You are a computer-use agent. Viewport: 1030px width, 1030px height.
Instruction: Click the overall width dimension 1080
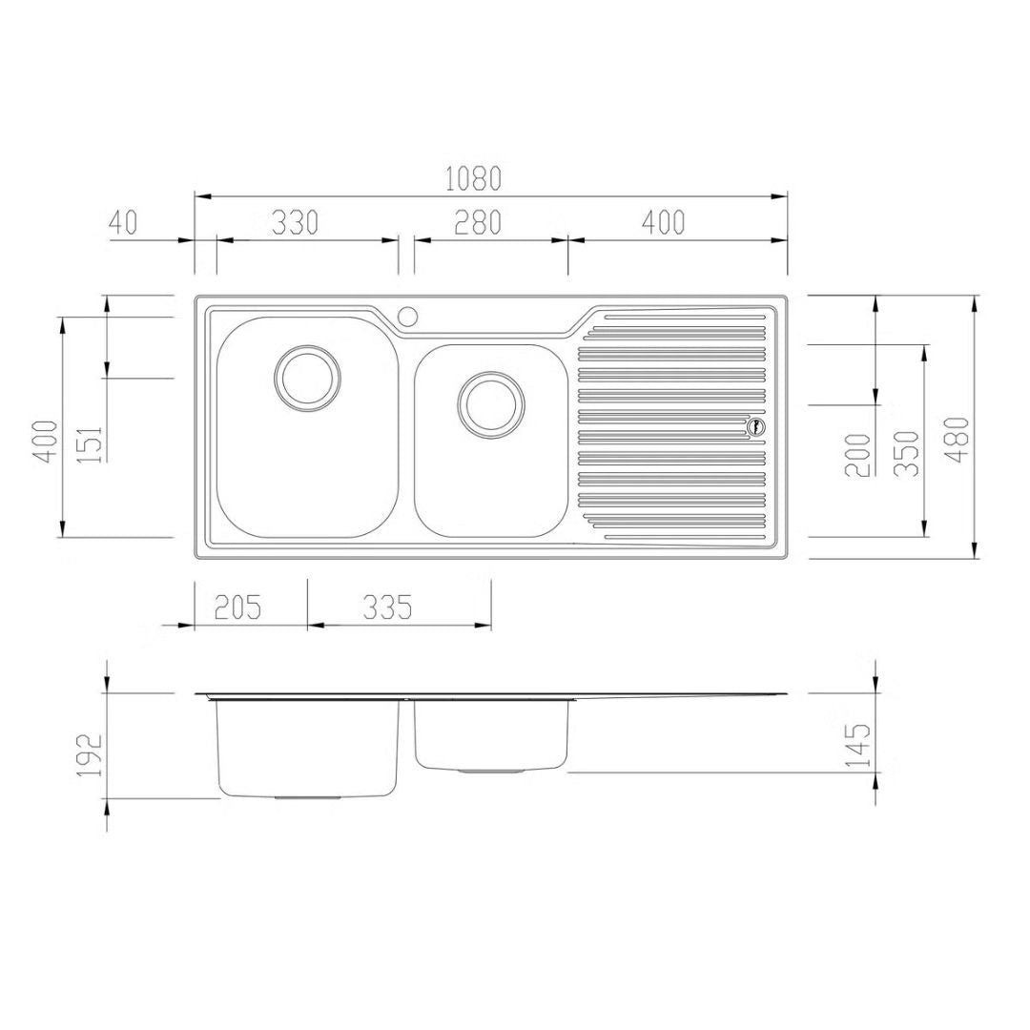pyautogui.click(x=473, y=178)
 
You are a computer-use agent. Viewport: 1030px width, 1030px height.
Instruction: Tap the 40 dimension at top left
pyautogui.click(x=123, y=222)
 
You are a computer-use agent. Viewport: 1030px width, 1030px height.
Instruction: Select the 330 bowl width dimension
pyautogui.click(x=295, y=222)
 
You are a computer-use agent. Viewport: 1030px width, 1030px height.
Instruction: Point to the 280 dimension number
pyautogui.click(x=478, y=222)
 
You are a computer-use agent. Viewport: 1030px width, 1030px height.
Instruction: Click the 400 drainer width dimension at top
pyautogui.click(x=664, y=222)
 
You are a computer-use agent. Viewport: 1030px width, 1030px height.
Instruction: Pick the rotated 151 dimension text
pyautogui.click(x=90, y=444)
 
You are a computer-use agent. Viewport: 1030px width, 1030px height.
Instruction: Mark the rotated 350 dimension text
pyautogui.click(x=907, y=454)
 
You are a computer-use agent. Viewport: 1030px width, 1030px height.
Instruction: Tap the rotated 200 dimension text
pyautogui.click(x=857, y=455)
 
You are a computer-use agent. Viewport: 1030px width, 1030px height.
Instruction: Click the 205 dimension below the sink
pyautogui.click(x=237, y=607)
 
